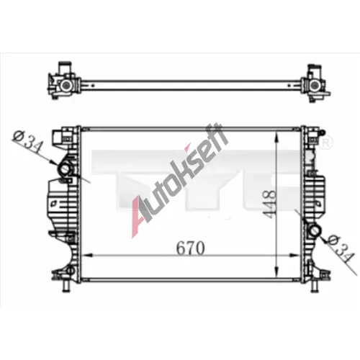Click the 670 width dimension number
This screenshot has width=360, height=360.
(190, 248)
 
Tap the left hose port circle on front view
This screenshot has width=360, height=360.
(65, 169)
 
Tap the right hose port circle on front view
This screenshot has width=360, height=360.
(315, 231)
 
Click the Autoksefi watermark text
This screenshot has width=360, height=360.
(179, 180)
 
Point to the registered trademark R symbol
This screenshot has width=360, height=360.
(327, 143)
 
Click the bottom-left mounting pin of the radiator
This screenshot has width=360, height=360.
(66, 286)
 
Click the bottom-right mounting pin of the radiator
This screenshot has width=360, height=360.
(315, 286)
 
